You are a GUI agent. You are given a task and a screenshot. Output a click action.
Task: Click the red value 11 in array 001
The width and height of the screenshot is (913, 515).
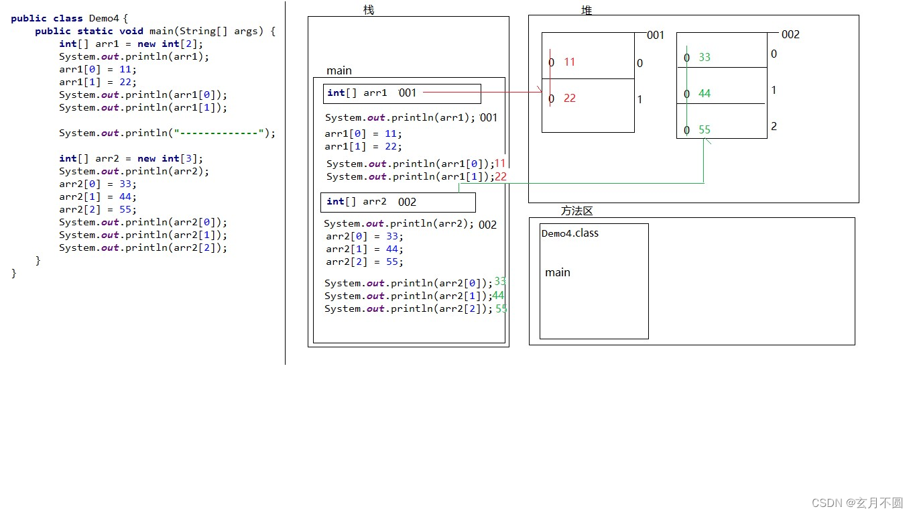point(570,62)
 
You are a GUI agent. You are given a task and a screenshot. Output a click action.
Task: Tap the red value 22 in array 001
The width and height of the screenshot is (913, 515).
point(570,98)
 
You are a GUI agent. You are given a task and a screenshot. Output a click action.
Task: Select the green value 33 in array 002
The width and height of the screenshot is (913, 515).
point(705,57)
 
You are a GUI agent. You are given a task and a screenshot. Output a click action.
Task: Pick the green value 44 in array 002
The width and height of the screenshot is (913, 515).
point(705,93)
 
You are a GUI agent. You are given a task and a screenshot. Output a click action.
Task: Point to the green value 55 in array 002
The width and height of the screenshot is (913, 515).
point(705,129)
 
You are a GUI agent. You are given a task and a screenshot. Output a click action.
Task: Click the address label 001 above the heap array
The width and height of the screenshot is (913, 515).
point(655,35)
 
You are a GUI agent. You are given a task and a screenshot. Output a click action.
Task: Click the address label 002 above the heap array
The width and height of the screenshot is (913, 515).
point(790,34)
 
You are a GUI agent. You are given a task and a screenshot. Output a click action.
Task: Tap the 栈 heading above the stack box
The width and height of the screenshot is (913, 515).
point(369,9)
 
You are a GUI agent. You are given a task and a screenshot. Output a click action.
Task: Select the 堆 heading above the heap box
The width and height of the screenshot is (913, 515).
point(587,10)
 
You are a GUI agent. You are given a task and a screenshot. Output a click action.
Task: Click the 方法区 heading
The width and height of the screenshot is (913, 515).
point(576,211)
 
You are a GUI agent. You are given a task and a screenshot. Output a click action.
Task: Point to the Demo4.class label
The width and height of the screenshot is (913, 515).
point(570,233)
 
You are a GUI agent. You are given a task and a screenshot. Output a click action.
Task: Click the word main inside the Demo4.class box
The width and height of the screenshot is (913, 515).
point(558,272)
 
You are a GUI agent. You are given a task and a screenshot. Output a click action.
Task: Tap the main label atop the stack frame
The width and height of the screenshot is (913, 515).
point(339,70)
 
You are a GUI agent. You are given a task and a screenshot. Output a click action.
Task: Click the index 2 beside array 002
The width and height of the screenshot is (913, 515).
point(774,126)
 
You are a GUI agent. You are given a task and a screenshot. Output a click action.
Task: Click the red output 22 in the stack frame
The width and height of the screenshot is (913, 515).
point(501,177)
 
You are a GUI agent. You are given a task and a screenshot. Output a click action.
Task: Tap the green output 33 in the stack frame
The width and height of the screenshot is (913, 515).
point(500,282)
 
